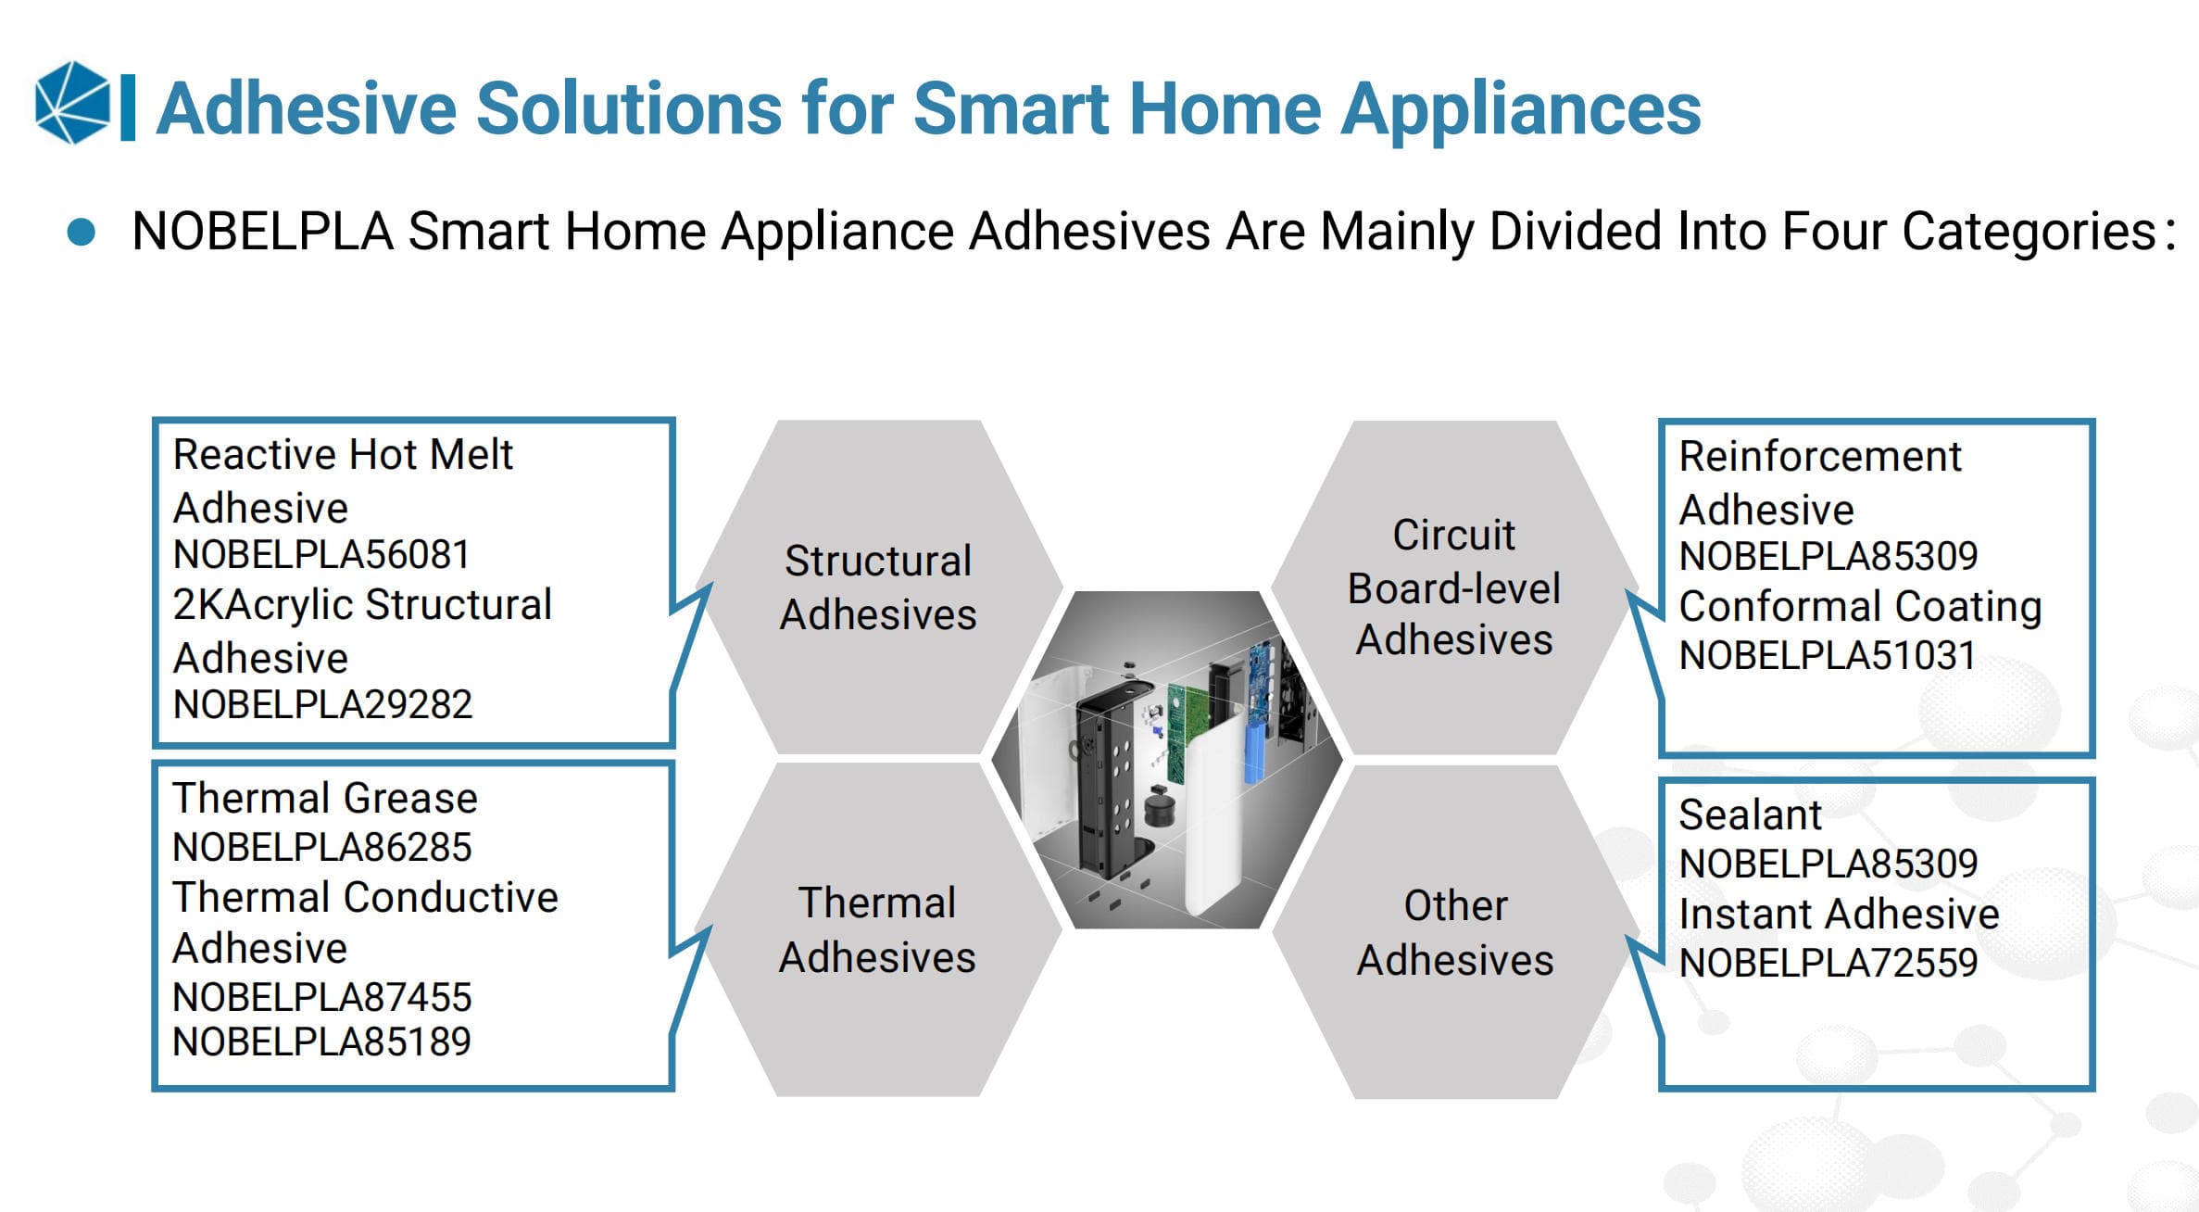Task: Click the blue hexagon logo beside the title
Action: tap(72, 103)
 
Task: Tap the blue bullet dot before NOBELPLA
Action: tap(82, 232)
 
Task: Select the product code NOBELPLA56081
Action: tap(321, 555)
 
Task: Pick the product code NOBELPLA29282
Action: tap(322, 705)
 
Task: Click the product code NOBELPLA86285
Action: tap(322, 847)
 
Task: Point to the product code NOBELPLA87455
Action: tap(322, 997)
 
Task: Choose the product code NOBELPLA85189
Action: tap(322, 1042)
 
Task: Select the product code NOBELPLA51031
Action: tap(1828, 656)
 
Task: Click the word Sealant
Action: tap(1750, 815)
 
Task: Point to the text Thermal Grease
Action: tap(325, 798)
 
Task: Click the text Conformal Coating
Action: tap(1861, 607)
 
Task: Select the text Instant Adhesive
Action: tap(1840, 915)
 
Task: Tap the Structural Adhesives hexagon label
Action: tap(878, 587)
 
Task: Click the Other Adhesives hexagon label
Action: tap(1455, 932)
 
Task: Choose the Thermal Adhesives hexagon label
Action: tap(877, 929)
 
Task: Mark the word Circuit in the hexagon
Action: tap(1454, 535)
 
